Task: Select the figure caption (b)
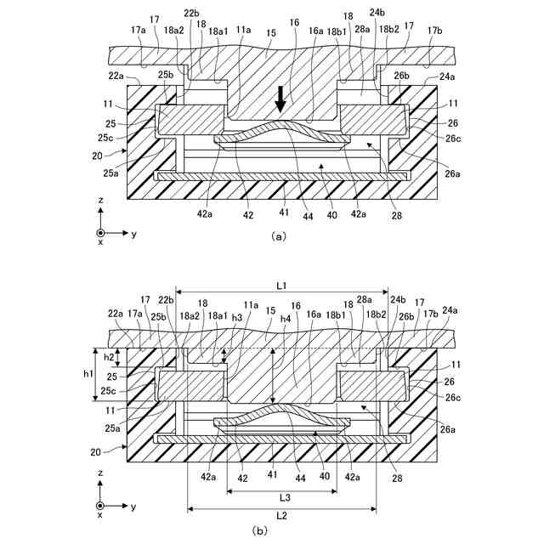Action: [x=260, y=530]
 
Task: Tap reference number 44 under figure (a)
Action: [x=308, y=216]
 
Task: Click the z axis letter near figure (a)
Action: [x=100, y=200]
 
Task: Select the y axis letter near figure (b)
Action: [x=133, y=506]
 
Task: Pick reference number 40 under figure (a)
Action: [x=332, y=216]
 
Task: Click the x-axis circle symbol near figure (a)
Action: [x=101, y=232]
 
